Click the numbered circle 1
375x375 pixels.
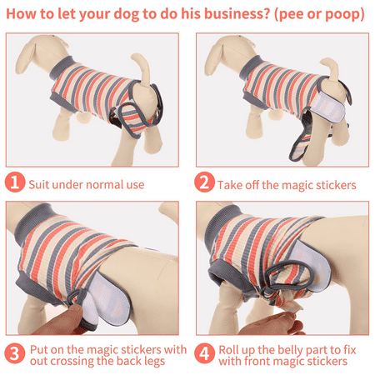15,182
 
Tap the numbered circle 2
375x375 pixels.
204,182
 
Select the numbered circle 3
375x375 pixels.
15,354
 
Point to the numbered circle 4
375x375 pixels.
204,354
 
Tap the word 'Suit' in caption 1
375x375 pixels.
38,185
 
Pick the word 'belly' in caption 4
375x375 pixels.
290,350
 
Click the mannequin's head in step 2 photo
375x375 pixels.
229,54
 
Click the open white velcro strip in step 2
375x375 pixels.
328,107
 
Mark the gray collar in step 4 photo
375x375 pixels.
222,222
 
